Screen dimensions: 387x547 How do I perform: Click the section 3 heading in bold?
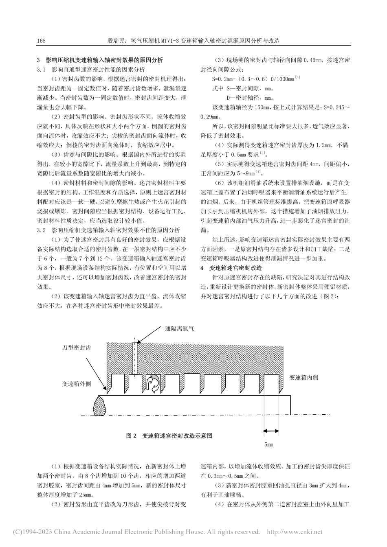coord(100,60)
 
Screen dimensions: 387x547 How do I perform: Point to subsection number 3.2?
coord(42,230)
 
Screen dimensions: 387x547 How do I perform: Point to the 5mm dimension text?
coord(268,444)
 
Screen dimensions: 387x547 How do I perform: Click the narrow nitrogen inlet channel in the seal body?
coord(135,358)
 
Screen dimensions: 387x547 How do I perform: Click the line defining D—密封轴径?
coord(249,98)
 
